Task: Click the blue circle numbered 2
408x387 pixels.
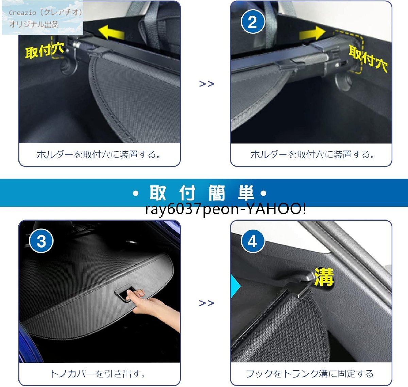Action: pyautogui.click(x=253, y=21)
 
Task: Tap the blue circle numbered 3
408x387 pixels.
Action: pyautogui.click(x=41, y=241)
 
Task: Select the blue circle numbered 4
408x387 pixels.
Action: pyautogui.click(x=253, y=241)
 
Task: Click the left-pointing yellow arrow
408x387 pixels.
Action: pyautogui.click(x=112, y=32)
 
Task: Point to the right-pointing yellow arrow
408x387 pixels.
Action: pyautogui.click(x=312, y=33)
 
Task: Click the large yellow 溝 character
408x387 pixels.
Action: pyautogui.click(x=324, y=277)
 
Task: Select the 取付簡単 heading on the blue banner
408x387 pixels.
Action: pyautogui.click(x=200, y=193)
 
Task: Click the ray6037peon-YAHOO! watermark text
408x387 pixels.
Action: pyautogui.click(x=226, y=209)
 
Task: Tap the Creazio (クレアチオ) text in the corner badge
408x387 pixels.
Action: pyautogui.click(x=46, y=13)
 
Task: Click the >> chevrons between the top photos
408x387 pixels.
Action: pyautogui.click(x=207, y=84)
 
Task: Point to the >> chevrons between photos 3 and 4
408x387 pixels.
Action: pyautogui.click(x=207, y=303)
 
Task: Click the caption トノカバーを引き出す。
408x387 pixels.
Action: pyautogui.click(x=98, y=374)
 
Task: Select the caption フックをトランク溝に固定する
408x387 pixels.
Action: pyautogui.click(x=310, y=374)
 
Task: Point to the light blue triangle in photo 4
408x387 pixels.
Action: pyautogui.click(x=235, y=286)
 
